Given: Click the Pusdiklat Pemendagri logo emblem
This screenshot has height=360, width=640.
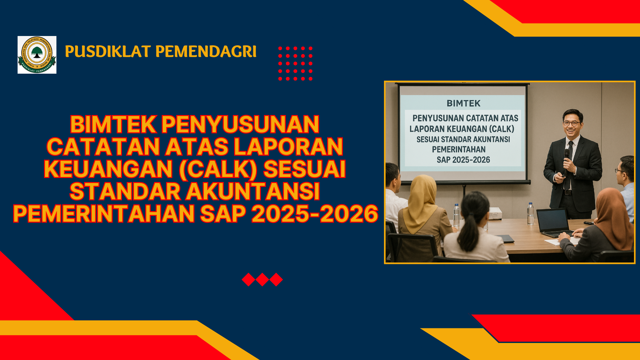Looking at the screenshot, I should [x=37, y=55].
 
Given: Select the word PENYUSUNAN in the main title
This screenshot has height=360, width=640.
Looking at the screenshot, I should [x=240, y=125].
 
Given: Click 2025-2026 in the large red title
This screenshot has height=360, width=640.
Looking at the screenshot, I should [x=315, y=214].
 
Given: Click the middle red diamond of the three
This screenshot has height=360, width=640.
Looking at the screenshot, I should [x=262, y=280].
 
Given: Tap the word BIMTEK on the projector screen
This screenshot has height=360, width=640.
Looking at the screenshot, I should [x=463, y=103].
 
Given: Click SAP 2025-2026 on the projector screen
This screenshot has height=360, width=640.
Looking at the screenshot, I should [x=463, y=160].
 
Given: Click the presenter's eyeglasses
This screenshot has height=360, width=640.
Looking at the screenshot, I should [x=571, y=123].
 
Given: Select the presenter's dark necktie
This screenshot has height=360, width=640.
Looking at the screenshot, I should [x=569, y=163].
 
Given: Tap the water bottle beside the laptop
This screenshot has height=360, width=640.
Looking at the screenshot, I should [x=530, y=213].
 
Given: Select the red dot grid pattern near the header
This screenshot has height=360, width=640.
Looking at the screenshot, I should [x=295, y=64].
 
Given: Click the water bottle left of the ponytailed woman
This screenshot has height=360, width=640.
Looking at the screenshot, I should [x=456, y=215].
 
